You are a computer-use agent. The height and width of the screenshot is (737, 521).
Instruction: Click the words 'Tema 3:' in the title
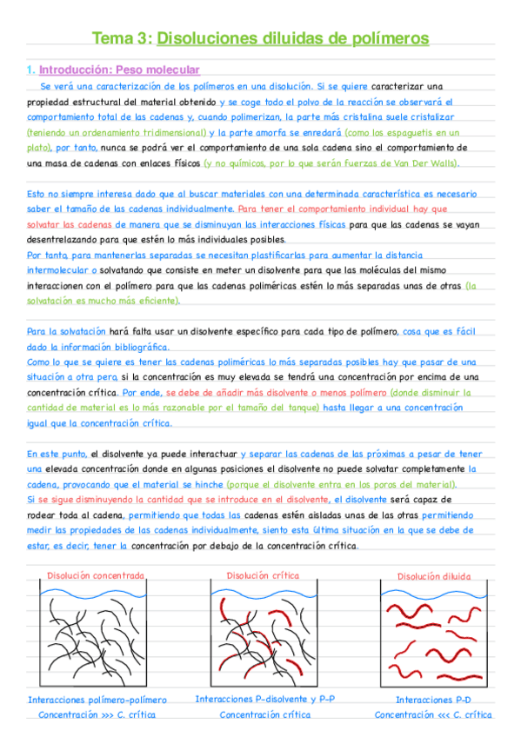[x=122, y=39]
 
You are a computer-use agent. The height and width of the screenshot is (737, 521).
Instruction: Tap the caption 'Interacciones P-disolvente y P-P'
[x=264, y=698]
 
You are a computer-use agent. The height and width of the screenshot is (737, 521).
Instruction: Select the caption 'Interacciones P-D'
[x=432, y=699]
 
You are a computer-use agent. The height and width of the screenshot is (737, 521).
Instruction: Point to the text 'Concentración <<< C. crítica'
[x=432, y=714]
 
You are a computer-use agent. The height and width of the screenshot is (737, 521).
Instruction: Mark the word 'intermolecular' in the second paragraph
[x=60, y=269]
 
